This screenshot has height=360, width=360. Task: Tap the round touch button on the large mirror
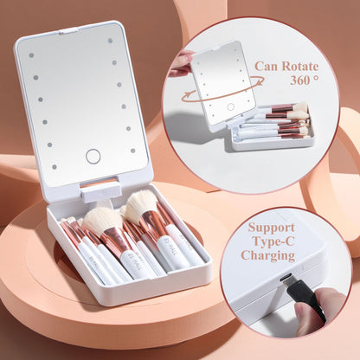93,157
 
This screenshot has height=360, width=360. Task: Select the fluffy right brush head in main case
141,205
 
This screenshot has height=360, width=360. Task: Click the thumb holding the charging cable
329,303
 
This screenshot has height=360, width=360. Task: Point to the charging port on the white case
284,278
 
